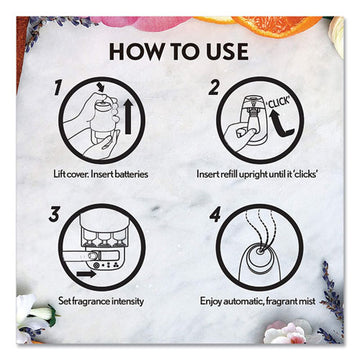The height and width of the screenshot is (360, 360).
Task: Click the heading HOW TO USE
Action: coord(180,47)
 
